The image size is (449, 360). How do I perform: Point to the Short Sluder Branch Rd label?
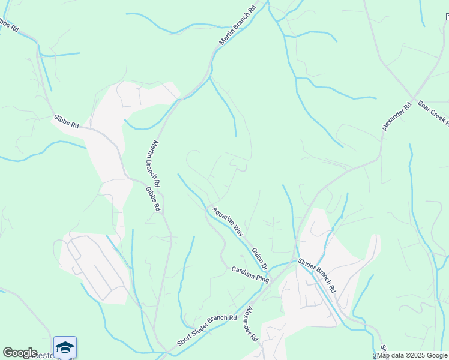[208, 331]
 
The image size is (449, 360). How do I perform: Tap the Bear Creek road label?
[433, 113]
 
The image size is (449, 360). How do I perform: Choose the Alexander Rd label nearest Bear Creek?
[397, 116]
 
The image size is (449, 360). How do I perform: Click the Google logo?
[20, 353]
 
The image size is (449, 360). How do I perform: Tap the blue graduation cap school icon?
[65, 347]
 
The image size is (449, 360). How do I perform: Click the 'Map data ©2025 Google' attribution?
[412, 355]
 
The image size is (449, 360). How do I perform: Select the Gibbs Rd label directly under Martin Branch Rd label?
[154, 199]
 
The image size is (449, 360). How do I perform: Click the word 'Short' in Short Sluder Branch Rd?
[185, 341]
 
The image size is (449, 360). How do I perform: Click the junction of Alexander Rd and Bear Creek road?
[413, 97]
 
